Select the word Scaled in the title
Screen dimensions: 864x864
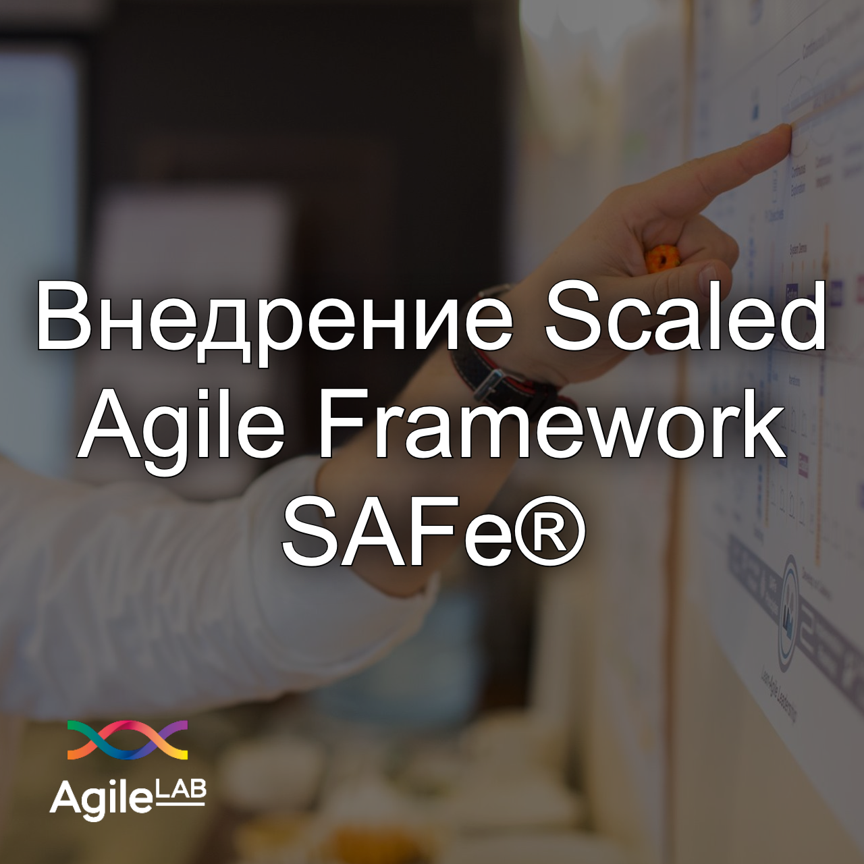pos(685,316)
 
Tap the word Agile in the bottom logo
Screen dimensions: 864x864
pos(101,799)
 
